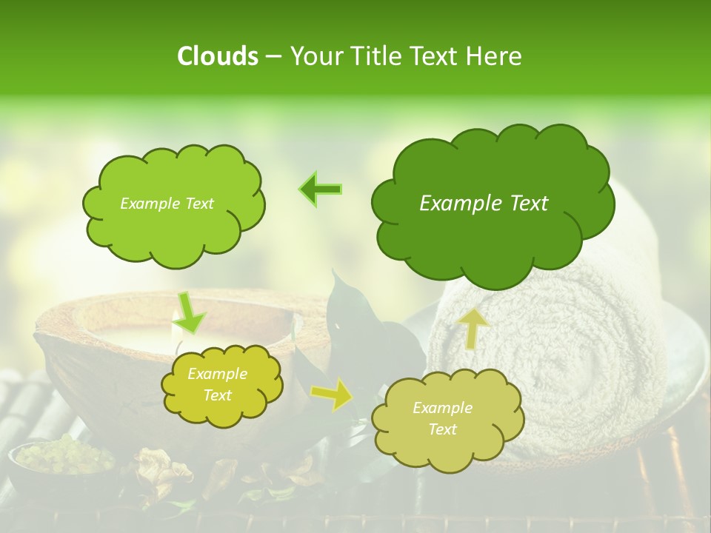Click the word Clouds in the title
tap(217, 56)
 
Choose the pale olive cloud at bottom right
tap(447, 444)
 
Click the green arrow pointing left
tap(320, 190)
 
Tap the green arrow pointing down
tap(190, 312)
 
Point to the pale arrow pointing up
tap(473, 328)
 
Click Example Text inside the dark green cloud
tap(484, 204)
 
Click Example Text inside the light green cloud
tap(167, 204)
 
